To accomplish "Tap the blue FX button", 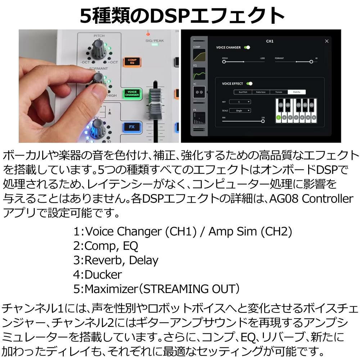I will [x=132, y=127].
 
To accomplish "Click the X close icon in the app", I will [x=327, y=41].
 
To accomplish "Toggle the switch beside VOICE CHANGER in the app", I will [x=247, y=48].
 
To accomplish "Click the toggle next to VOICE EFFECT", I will [x=249, y=84].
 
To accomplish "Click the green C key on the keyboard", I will [x=278, y=117].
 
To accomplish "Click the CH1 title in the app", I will [x=270, y=41].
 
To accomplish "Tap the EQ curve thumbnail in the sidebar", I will [x=199, y=74].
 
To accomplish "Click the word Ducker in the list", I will [x=103, y=275].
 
